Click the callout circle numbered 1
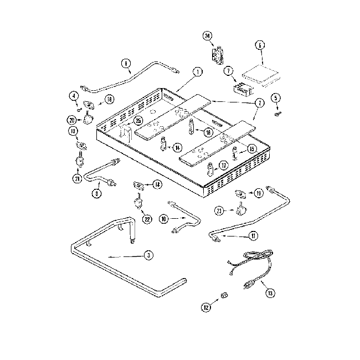point(197,71)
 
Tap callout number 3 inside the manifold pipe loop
point(148,255)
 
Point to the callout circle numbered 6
point(259,44)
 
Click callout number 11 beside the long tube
point(253,236)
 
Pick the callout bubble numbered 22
point(147,219)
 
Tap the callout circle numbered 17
point(223,165)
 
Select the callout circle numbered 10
point(163,219)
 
